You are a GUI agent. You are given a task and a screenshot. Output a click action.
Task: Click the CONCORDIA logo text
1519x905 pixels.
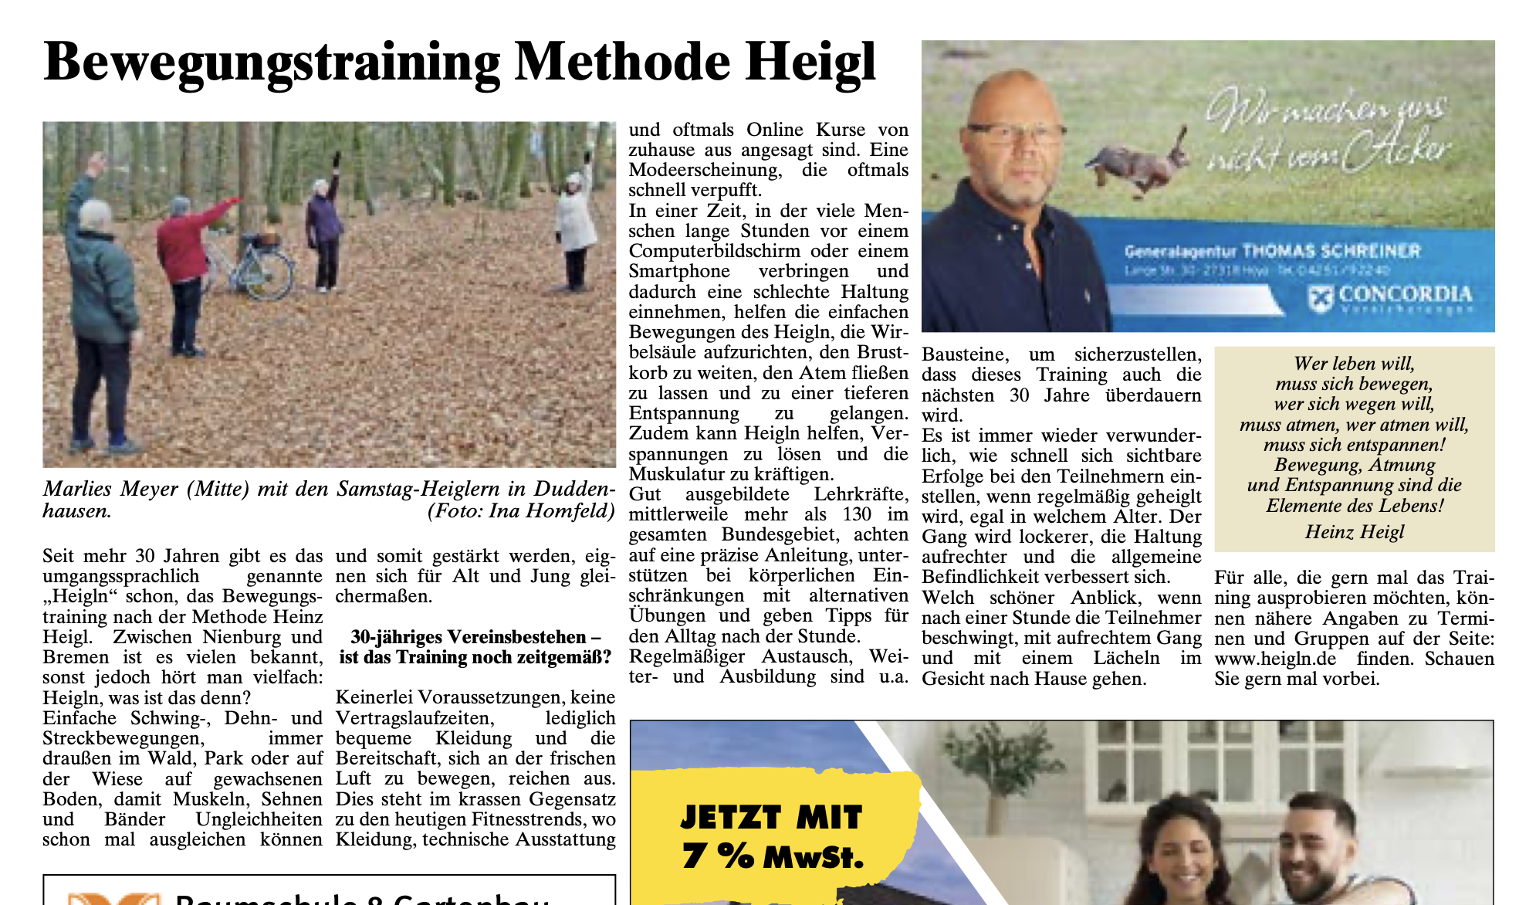(1405, 294)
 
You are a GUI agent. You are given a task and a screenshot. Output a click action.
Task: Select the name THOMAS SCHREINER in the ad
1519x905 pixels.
(1331, 251)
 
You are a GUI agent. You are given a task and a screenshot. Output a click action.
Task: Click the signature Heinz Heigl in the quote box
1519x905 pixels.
(1355, 532)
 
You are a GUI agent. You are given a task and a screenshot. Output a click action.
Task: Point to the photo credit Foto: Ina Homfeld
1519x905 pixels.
(521, 511)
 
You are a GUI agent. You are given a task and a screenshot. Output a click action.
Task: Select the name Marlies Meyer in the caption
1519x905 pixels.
(111, 489)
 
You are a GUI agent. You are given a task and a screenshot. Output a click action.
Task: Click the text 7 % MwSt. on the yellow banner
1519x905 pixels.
(773, 856)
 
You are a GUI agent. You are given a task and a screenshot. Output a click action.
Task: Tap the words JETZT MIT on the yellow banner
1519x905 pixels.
(771, 817)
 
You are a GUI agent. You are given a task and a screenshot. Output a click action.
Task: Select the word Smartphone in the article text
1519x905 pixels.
(679, 271)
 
